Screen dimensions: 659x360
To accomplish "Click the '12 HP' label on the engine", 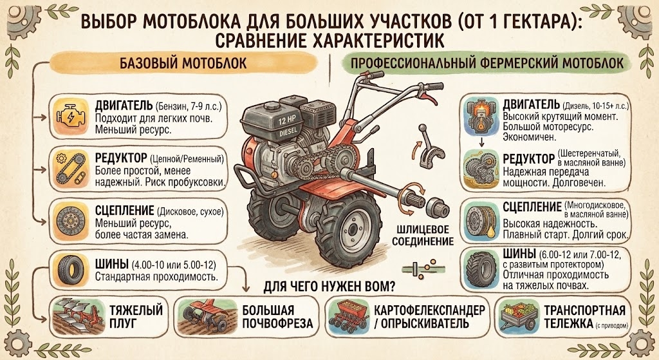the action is click(x=287, y=120).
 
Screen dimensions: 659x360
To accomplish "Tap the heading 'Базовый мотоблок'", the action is click(x=183, y=63).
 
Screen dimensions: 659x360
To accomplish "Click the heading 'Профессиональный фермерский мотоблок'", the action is click(x=487, y=63).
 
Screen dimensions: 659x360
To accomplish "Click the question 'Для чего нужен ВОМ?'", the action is click(x=329, y=287).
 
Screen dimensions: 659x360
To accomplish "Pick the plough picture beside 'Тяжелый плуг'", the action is click(x=78, y=316).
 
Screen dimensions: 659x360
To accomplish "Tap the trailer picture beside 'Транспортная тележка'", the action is click(x=519, y=316).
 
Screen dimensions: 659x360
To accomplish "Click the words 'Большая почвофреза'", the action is click(x=277, y=317).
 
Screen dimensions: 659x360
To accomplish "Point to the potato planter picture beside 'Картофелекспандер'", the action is click(x=348, y=317).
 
